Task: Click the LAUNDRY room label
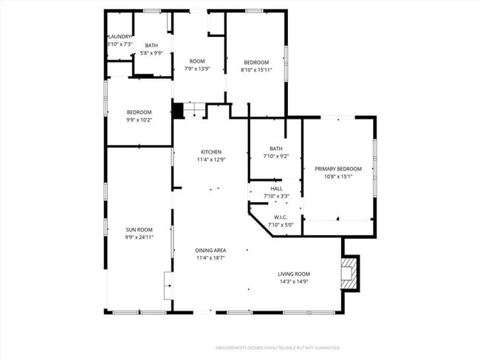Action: [x=120, y=36]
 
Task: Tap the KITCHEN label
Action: [x=210, y=152]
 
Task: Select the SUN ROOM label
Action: [x=139, y=230]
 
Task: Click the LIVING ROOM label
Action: [x=293, y=274]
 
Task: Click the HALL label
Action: [x=276, y=188]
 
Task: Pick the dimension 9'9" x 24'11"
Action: [x=139, y=238]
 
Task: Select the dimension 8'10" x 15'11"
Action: [x=256, y=69]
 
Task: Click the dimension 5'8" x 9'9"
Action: [x=151, y=53]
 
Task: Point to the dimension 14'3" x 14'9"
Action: [x=293, y=281]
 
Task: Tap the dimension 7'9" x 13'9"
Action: [x=197, y=69]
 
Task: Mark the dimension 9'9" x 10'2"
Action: [x=139, y=120]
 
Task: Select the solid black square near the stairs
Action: [x=177, y=111]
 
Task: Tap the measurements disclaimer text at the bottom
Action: [x=277, y=347]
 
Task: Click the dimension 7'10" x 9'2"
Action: [x=276, y=156]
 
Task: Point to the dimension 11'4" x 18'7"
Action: [x=210, y=258]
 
